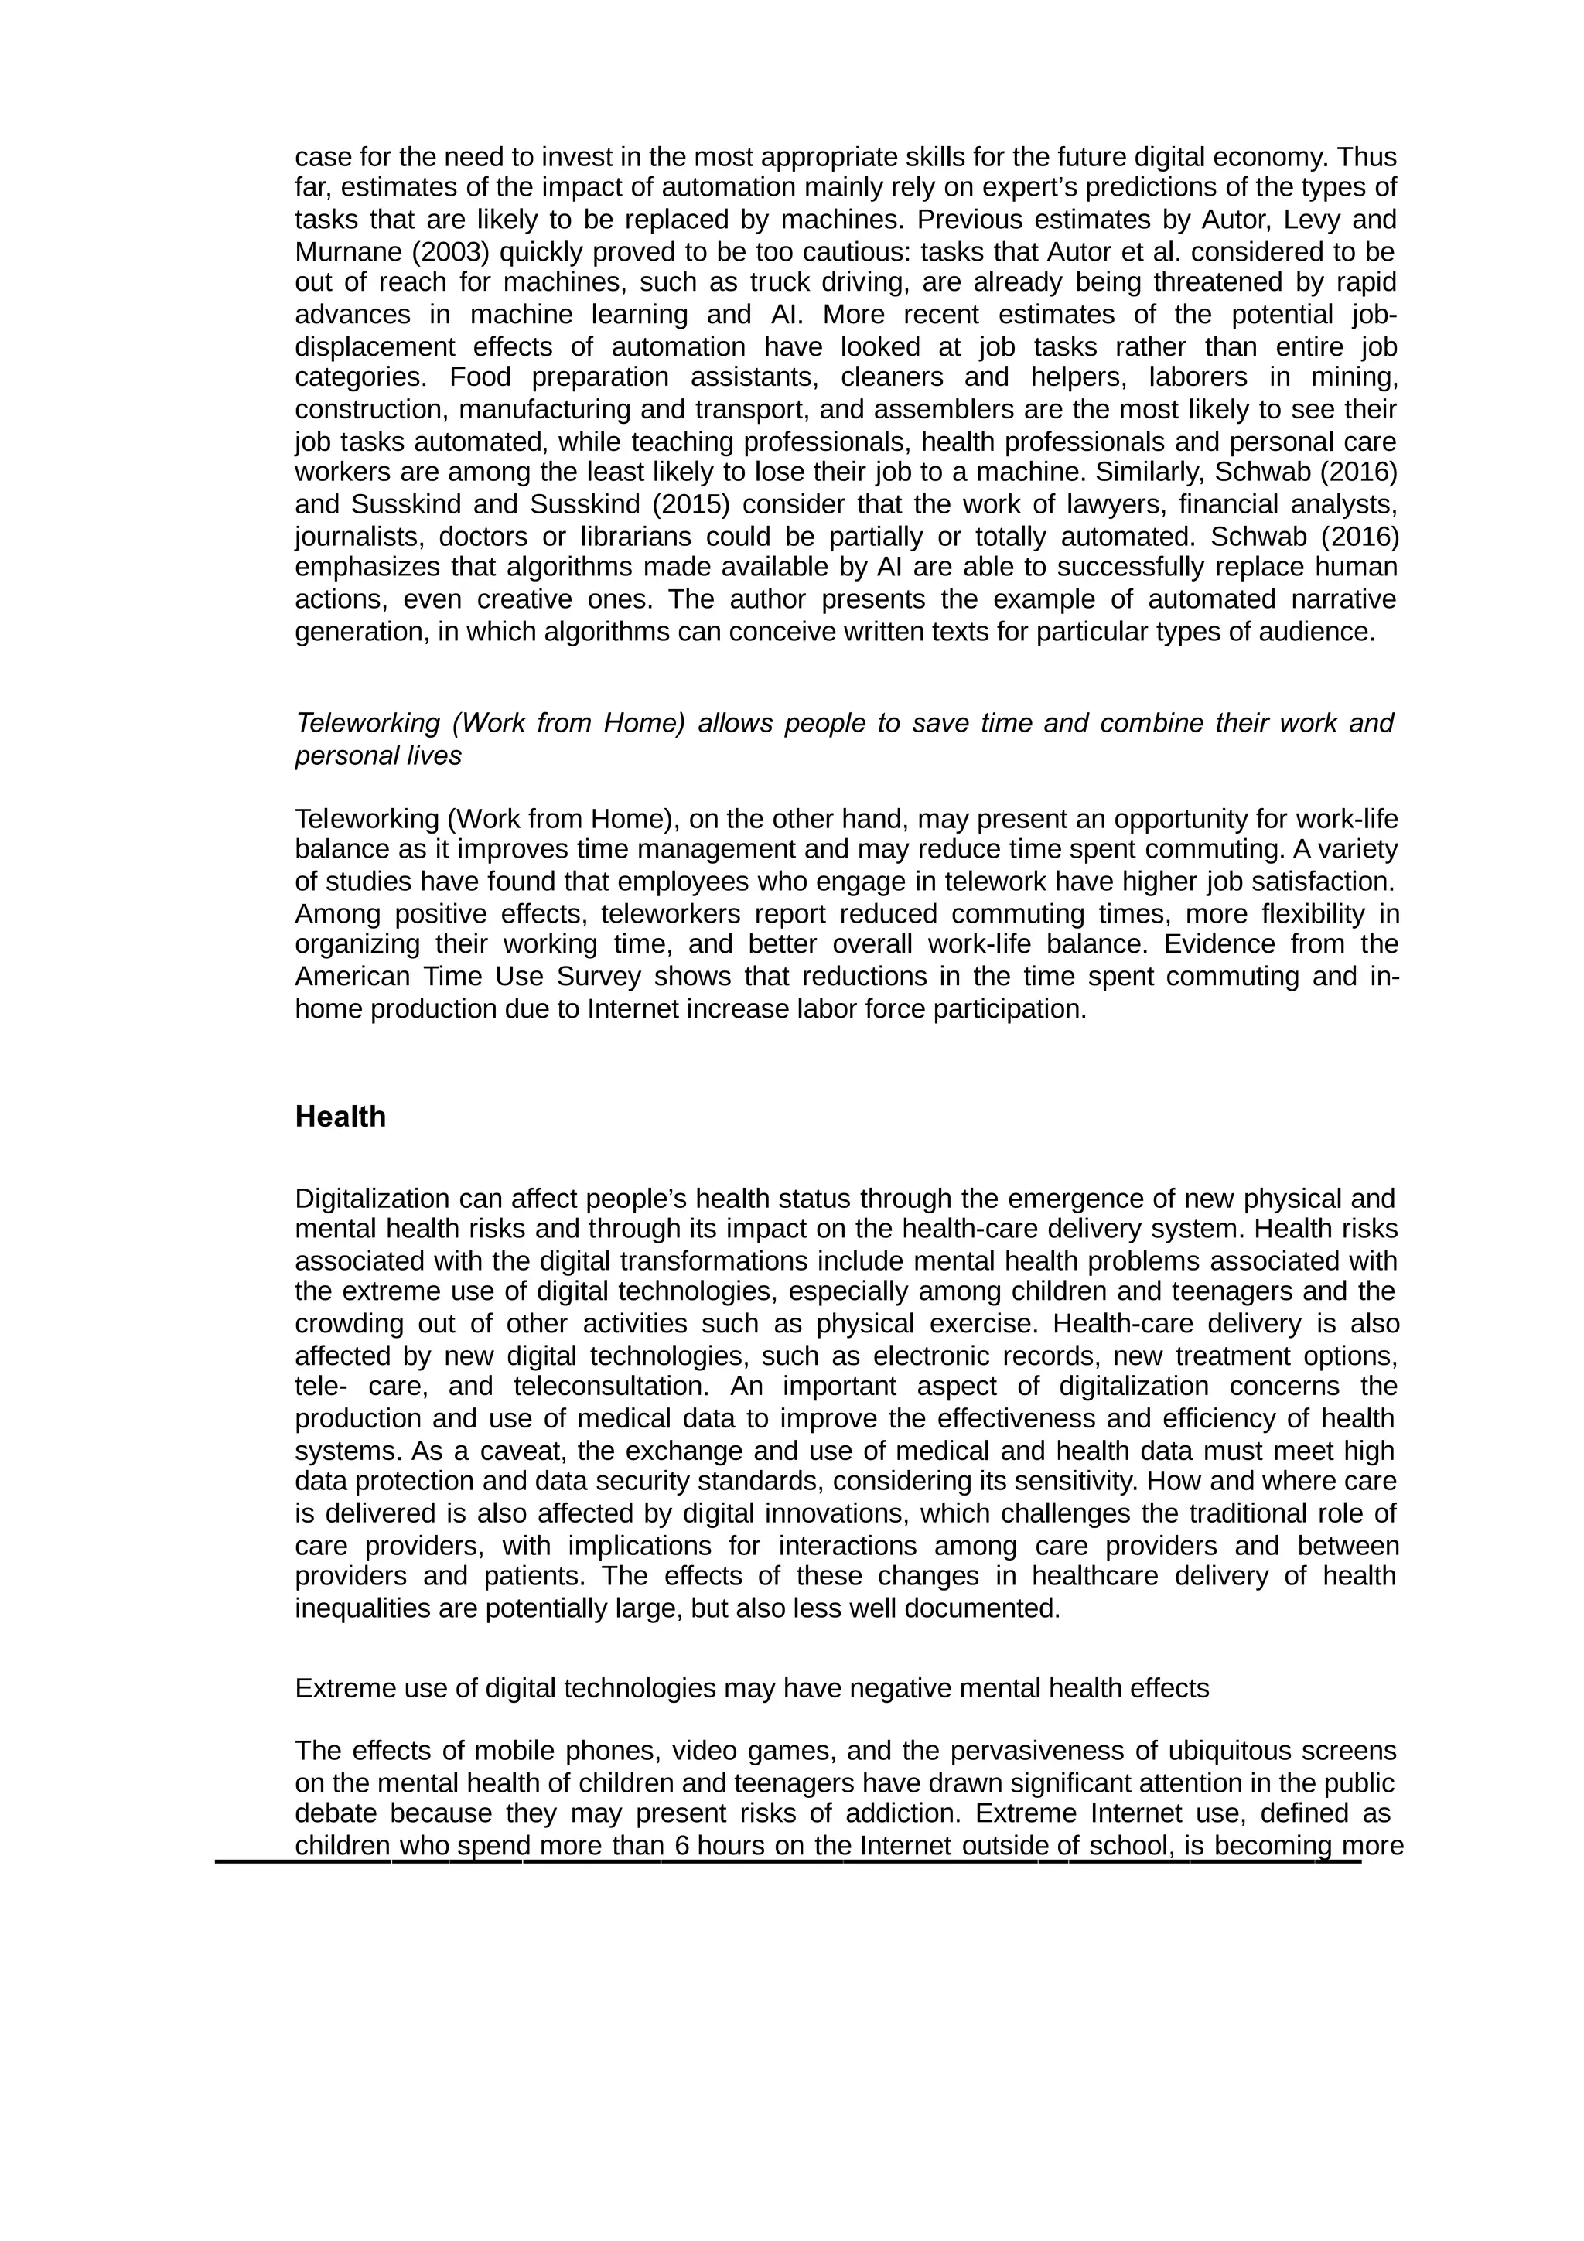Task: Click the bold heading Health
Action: point(340,1117)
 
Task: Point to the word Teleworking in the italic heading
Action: point(368,723)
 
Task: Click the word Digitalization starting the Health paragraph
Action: point(372,1198)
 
